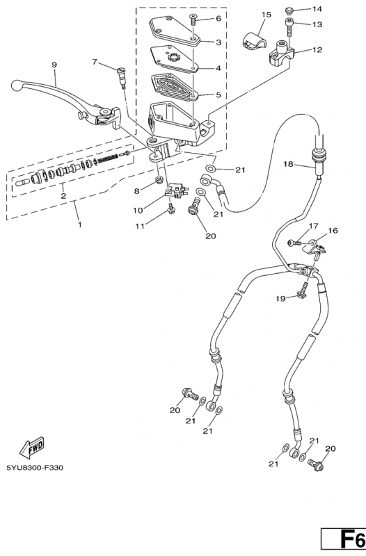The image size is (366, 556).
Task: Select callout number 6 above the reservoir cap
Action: coord(218,19)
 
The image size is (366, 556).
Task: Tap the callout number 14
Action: coord(317,9)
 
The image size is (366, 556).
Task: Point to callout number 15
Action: coord(266,14)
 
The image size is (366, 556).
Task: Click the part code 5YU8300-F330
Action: coord(35,468)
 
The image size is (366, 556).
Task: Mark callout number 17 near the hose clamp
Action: coord(312,226)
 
